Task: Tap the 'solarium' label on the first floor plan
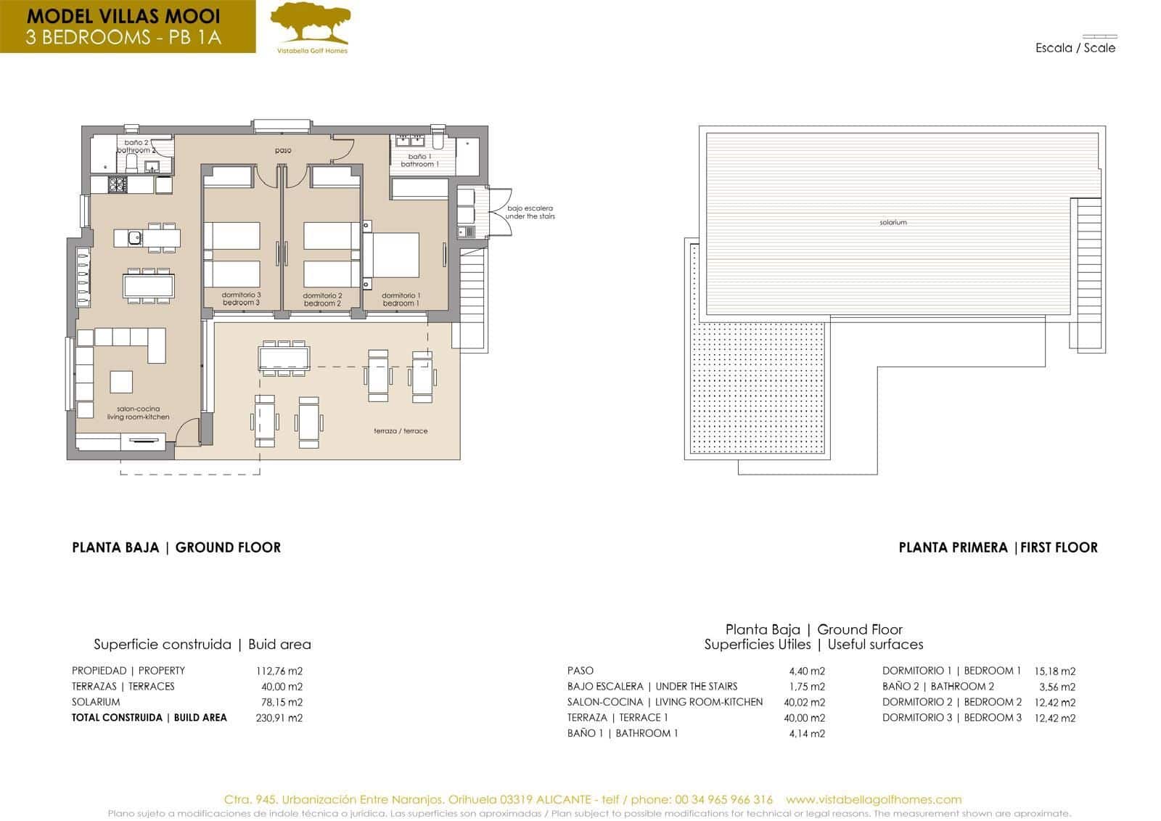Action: point(893,222)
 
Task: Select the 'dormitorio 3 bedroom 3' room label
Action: point(242,299)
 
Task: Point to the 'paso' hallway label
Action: point(283,151)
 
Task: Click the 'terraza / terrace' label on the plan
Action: point(401,430)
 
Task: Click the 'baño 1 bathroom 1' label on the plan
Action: point(419,160)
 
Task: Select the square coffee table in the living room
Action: point(121,382)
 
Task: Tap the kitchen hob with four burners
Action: point(118,185)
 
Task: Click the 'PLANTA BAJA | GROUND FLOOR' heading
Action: point(176,547)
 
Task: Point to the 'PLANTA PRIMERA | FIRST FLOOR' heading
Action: point(998,547)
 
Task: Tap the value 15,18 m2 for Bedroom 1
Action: point(1054,671)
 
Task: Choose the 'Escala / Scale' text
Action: point(1075,48)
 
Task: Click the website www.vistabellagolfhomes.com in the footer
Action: point(874,799)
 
